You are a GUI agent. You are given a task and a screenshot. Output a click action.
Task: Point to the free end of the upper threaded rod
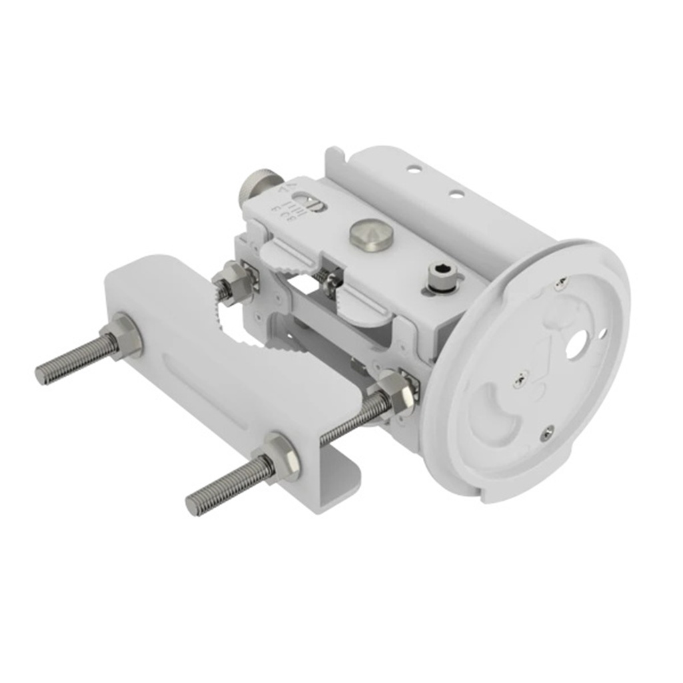(44, 374)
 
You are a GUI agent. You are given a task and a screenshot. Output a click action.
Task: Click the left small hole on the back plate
(414, 169)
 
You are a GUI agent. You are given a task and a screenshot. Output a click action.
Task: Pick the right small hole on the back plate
(456, 194)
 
